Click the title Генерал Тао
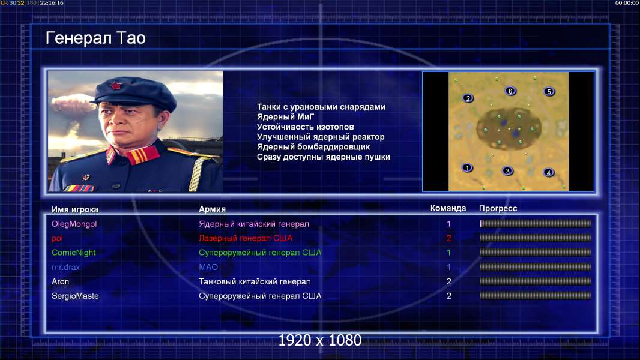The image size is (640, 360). (x=95, y=38)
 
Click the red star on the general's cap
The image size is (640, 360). (x=116, y=85)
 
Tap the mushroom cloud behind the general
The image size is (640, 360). (x=72, y=104)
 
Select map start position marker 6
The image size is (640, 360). (x=510, y=91)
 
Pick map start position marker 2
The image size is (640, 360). (x=468, y=98)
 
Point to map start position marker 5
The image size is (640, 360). (x=549, y=91)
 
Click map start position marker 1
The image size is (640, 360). (x=467, y=167)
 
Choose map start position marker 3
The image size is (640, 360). (x=507, y=171)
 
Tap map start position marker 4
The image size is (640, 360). (x=549, y=172)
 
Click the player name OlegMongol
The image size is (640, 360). (x=74, y=224)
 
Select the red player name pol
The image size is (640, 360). (x=57, y=239)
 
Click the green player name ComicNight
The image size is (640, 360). (x=73, y=253)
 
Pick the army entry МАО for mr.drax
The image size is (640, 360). (x=208, y=267)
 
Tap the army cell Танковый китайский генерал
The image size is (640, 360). (x=255, y=281)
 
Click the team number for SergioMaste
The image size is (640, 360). (x=448, y=296)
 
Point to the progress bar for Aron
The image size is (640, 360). (x=536, y=281)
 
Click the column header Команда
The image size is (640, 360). (x=448, y=208)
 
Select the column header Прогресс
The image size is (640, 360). (x=498, y=209)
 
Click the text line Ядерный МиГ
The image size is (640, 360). (x=285, y=117)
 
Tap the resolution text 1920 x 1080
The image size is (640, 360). (x=319, y=340)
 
